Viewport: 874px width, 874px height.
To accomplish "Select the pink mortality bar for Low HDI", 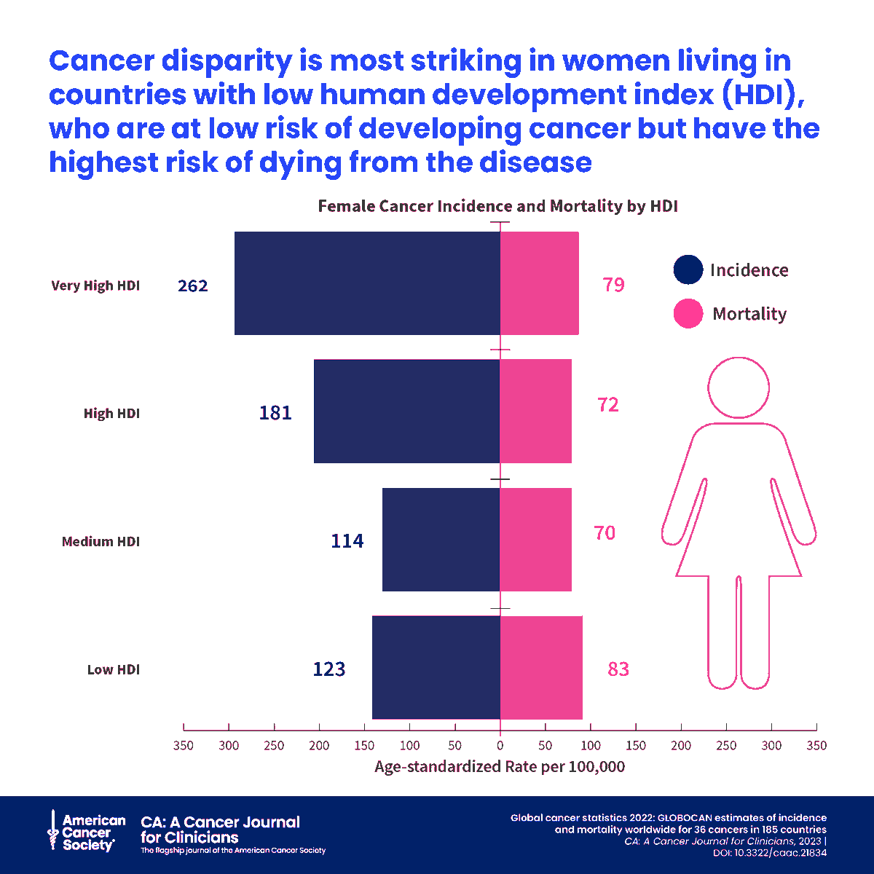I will (541, 667).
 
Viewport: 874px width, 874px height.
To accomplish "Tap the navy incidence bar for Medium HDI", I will (441, 539).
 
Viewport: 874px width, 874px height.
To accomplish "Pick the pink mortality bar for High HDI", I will (535, 411).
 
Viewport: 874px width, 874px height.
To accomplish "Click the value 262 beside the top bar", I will (193, 286).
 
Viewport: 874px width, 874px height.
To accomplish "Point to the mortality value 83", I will (618, 669).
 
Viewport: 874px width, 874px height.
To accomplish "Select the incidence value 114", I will (347, 541).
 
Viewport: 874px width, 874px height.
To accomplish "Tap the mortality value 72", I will (608, 404).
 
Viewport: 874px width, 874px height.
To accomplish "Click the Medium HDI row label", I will (101, 541).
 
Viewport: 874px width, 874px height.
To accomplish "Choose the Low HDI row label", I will (114, 669).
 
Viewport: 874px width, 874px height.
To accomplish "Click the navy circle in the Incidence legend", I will (688, 269).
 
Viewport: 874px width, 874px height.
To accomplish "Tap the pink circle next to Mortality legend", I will (688, 314).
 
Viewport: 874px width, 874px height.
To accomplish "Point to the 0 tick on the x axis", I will (500, 745).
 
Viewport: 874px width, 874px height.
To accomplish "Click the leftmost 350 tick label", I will (184, 745).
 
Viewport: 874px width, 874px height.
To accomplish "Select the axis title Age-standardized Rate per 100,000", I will (500, 766).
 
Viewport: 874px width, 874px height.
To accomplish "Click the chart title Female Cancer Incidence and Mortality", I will (498, 206).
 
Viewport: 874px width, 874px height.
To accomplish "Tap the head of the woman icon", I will (739, 387).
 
